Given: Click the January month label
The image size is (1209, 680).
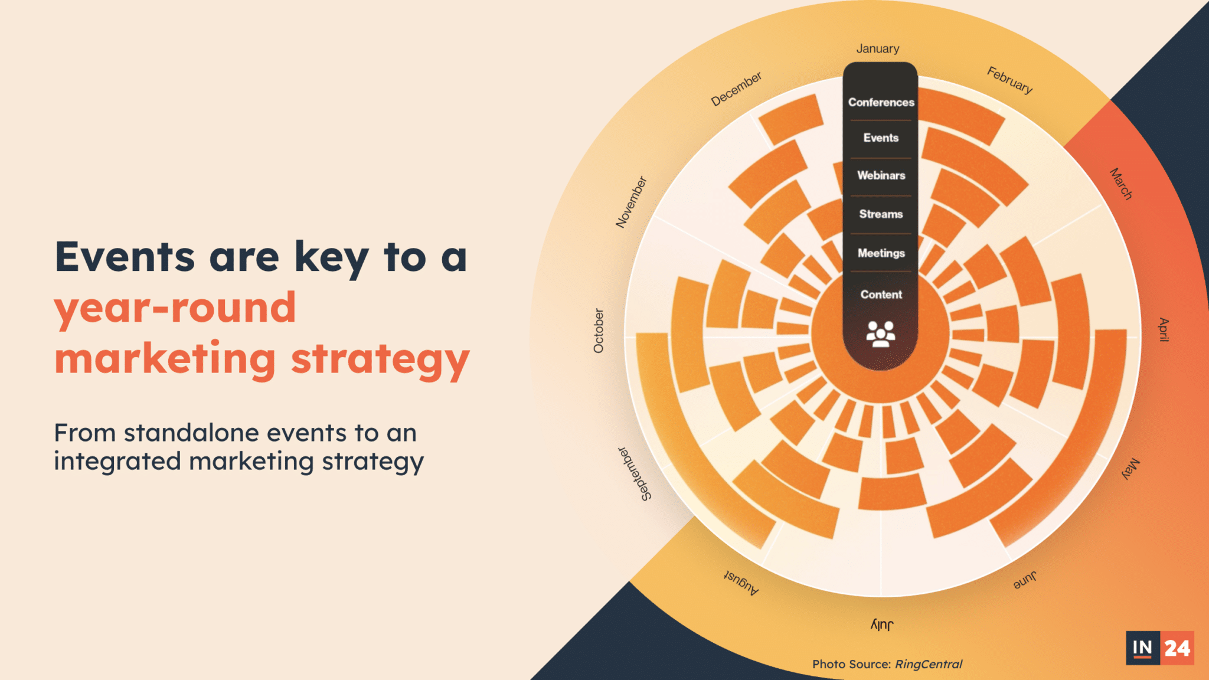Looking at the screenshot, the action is (x=878, y=49).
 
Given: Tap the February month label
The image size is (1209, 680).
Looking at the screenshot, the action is (x=1010, y=80).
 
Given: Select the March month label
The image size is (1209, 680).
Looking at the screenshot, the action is (x=1121, y=184).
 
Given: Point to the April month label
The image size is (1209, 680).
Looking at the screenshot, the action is (x=1164, y=329).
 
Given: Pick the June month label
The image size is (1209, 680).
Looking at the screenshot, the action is (x=1025, y=580).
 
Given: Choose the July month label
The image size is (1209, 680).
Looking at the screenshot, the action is (x=882, y=625).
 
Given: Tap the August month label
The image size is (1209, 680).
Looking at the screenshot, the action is (x=742, y=583).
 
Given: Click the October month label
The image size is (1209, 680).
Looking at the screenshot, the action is (x=599, y=331).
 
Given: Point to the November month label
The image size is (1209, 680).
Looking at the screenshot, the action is (x=631, y=202).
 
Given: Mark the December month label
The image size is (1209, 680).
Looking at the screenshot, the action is (x=736, y=89).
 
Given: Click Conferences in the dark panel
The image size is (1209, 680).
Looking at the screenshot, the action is (x=881, y=102).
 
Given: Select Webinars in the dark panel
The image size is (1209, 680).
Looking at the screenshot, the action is (x=881, y=175).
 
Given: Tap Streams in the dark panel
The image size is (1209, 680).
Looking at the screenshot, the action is (x=881, y=214).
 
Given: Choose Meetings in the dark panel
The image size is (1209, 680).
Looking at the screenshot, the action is (x=881, y=253).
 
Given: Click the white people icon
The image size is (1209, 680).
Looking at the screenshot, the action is (x=881, y=334).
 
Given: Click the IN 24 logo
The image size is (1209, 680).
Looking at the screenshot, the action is (x=1160, y=648).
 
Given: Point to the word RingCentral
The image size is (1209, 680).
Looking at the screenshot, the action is (x=929, y=664).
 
